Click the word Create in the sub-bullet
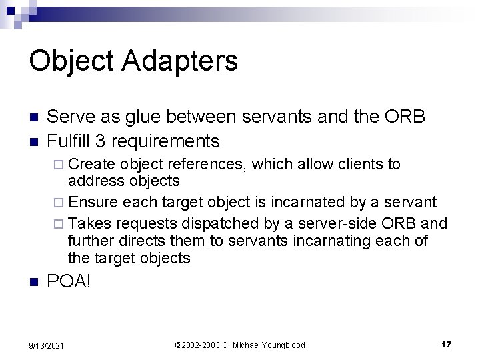[x=92, y=165]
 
